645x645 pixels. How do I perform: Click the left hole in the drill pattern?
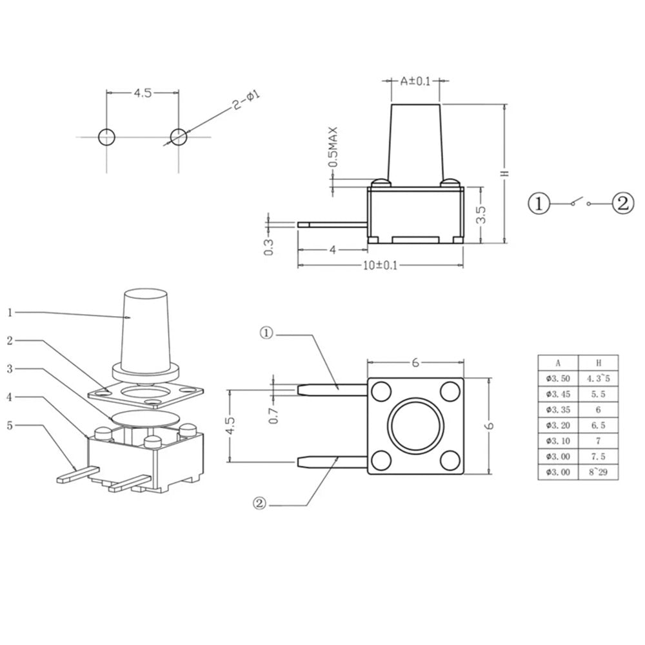tap(106, 137)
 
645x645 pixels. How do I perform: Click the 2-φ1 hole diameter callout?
tap(246, 101)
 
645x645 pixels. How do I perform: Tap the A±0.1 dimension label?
tap(415, 81)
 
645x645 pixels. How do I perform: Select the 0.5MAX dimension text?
tap(333, 147)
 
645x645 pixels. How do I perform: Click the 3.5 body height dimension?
tap(481, 215)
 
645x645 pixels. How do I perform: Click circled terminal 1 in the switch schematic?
tap(539, 204)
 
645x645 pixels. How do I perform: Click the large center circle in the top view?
tap(415, 426)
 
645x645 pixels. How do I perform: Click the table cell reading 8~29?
tap(598, 472)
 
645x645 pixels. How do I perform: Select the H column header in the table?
tap(598, 362)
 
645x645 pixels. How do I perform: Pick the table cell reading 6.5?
tap(598, 425)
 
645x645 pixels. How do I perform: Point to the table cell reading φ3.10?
tap(557, 441)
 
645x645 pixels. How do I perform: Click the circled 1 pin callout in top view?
tap(267, 334)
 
